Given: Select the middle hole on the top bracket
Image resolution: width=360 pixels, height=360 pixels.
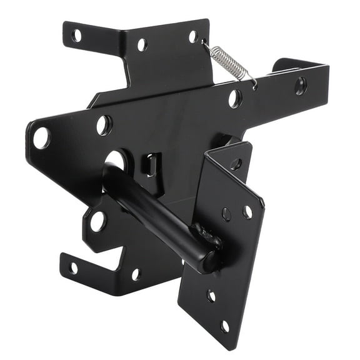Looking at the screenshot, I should [142, 44].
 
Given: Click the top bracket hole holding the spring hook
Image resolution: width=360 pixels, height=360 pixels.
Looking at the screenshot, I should [194, 37].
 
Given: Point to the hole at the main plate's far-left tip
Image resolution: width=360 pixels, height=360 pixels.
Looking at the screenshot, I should [41, 137].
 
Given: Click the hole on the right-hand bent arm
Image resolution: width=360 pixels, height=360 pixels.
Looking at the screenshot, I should [301, 86].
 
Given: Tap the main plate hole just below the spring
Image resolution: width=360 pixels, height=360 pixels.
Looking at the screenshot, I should [234, 98].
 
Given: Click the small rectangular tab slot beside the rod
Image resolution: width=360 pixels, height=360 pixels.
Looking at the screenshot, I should [149, 166].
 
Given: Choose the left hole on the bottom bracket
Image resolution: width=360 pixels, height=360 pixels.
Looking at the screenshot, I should [73, 267].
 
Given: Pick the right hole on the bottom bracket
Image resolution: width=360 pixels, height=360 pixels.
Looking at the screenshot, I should [136, 274].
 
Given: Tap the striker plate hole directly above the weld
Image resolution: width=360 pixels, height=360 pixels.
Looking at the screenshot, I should [226, 214].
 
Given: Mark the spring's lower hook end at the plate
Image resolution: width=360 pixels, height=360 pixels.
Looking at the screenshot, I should [254, 84].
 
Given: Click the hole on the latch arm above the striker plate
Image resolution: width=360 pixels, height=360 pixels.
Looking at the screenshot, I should [235, 164].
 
